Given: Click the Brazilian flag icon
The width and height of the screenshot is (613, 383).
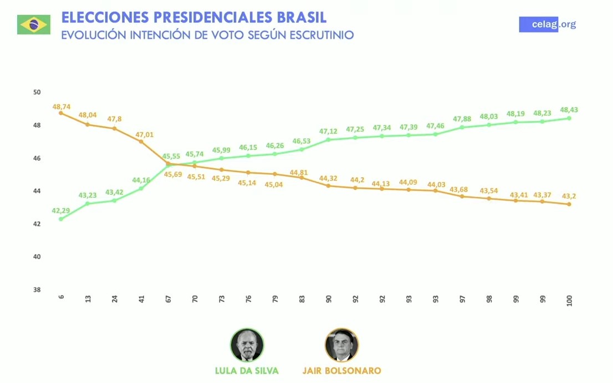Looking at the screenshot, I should [34, 24].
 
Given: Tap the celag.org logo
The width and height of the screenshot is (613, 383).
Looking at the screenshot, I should [547, 24].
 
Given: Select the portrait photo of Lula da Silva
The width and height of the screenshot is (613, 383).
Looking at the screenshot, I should [247, 345].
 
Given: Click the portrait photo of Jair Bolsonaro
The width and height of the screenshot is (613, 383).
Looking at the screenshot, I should [341, 345].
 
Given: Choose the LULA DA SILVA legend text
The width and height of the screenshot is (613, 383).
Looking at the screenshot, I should [247, 370].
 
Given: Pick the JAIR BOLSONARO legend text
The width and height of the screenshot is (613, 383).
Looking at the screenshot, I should [341, 370].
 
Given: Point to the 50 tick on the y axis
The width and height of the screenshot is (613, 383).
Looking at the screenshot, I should [37, 92].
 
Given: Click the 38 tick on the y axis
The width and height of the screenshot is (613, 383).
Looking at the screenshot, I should [37, 290].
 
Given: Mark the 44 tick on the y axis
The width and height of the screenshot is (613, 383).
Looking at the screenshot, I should [37, 191].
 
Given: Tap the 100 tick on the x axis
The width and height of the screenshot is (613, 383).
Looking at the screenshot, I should [569, 300].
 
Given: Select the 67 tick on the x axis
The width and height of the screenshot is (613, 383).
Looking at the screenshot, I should [168, 299].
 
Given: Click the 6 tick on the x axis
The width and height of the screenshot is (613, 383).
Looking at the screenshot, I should [61, 297].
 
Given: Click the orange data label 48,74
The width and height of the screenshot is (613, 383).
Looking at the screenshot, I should [61, 105].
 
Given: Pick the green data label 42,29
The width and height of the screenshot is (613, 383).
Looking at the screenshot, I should [61, 211].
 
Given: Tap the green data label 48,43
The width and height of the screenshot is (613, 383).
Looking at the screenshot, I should [569, 110].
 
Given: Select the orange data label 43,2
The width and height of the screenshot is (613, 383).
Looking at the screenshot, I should [569, 196].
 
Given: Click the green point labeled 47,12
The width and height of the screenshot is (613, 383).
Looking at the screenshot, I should [329, 139].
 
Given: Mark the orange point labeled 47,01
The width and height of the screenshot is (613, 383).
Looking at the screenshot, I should [141, 142].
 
